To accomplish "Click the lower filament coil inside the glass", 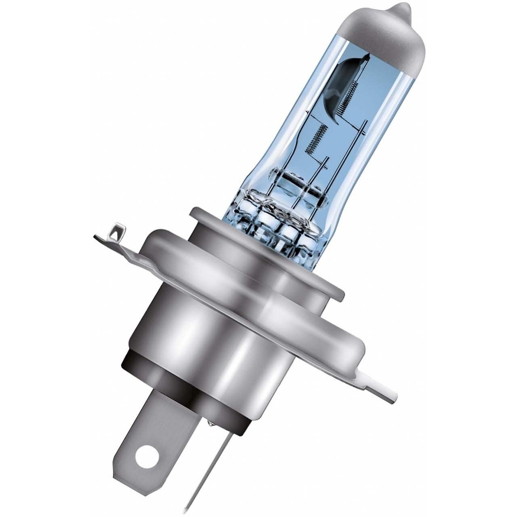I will (x=315, y=139).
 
